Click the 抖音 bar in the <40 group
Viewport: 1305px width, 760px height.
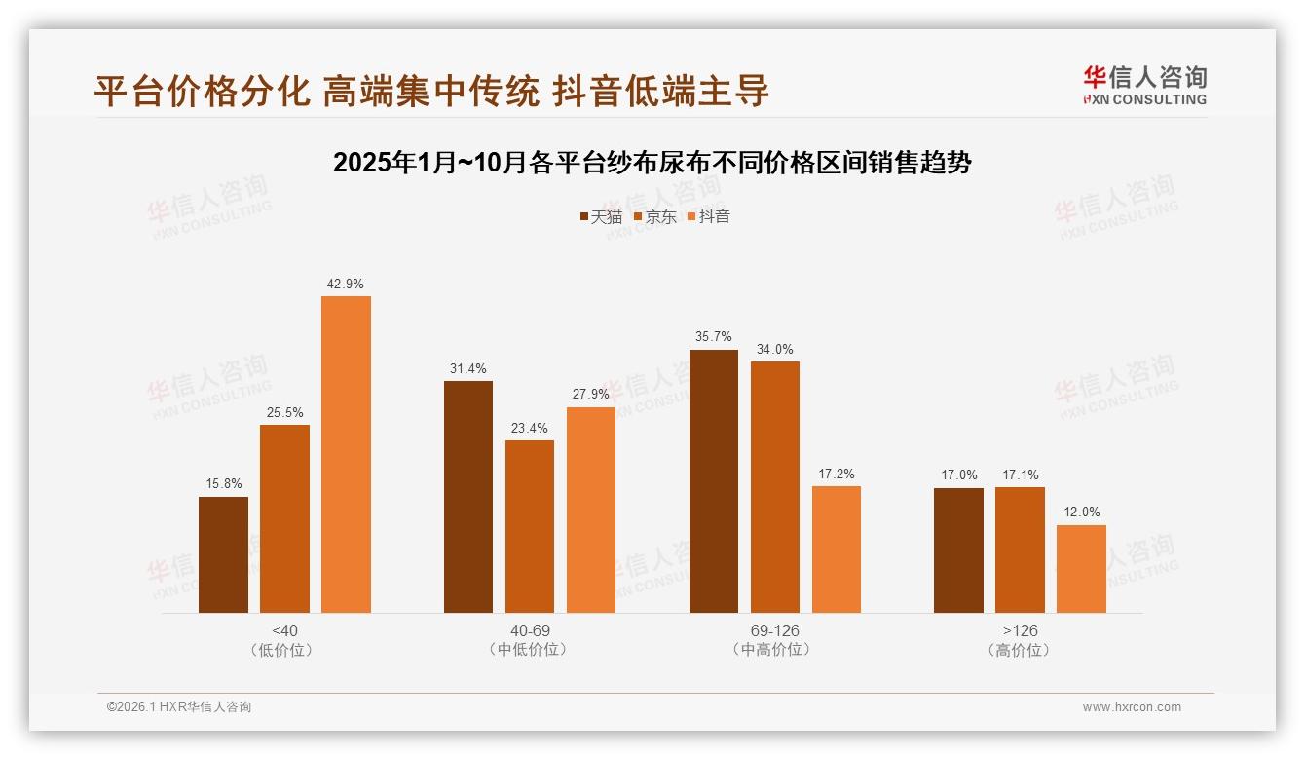coord(346,454)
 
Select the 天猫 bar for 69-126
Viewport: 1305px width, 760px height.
coord(714,481)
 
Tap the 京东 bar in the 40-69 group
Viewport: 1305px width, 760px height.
coord(530,526)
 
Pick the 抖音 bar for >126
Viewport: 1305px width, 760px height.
coord(1081,569)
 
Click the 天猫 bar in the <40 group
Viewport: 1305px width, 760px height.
coord(223,554)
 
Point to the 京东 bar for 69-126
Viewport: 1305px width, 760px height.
coord(775,487)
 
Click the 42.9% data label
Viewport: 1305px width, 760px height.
coord(346,285)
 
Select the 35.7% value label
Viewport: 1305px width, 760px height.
coord(714,337)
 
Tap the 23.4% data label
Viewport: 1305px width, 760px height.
coord(530,429)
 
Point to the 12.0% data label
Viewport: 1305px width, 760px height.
coord(1081,513)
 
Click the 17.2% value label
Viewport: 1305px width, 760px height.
coord(837,475)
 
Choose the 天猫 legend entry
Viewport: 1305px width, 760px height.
coord(600,217)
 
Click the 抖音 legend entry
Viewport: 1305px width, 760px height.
coord(708,217)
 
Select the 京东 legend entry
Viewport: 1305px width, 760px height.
coord(654,217)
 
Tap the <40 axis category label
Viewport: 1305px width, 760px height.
coord(284,630)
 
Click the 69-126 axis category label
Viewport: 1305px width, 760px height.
coord(775,630)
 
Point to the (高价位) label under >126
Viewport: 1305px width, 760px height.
coord(1020,650)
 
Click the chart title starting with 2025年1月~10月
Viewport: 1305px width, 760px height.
coord(652,163)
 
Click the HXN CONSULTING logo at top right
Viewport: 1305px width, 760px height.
coord(1144,85)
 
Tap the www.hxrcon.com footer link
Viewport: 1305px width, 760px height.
coord(1132,707)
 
